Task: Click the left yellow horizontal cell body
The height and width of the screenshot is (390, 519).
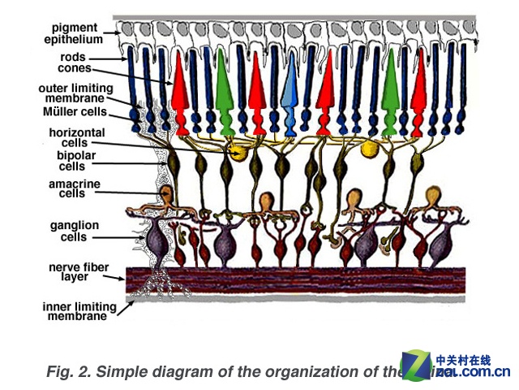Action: click(x=238, y=151)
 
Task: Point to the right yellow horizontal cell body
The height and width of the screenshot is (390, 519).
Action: click(x=370, y=149)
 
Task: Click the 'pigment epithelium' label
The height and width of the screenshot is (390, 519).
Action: click(x=73, y=33)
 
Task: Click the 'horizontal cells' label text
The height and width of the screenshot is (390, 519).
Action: click(x=76, y=137)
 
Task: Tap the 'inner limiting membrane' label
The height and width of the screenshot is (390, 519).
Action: click(x=75, y=311)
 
